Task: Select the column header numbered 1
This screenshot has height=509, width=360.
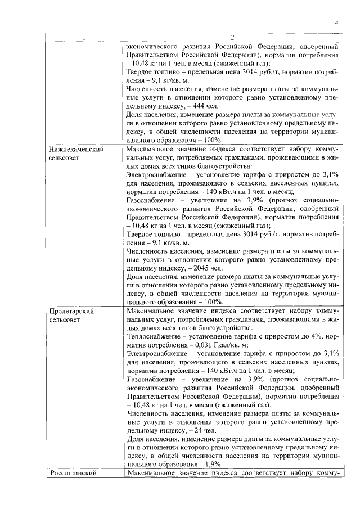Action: tap(84, 38)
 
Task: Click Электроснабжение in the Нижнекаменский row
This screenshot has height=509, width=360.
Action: tap(156, 175)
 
